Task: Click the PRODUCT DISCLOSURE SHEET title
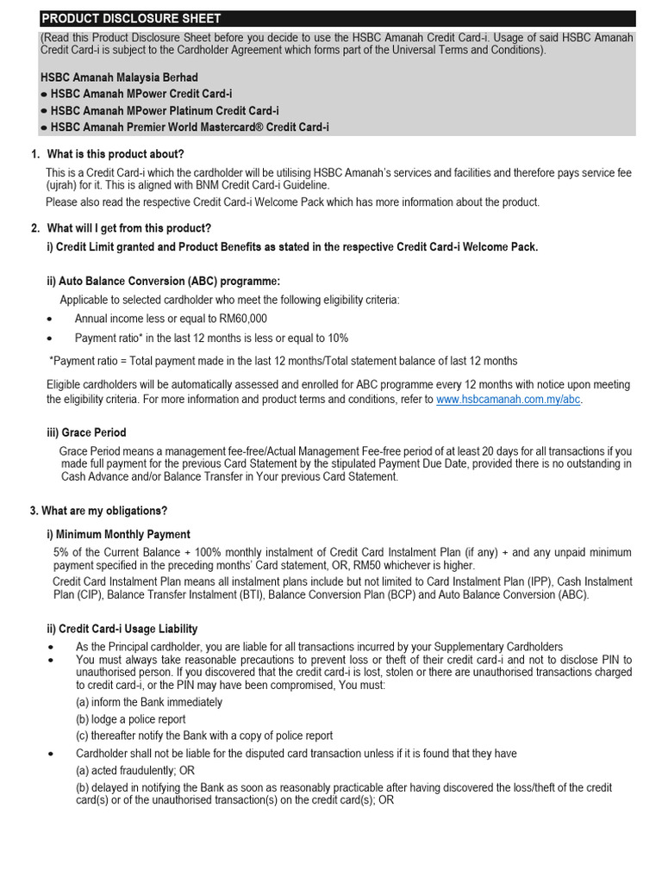click(131, 18)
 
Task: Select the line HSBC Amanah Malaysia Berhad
click(119, 78)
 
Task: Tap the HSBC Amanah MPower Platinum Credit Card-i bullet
click(164, 111)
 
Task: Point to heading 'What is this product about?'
click(116, 154)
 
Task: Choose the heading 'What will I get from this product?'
click(129, 228)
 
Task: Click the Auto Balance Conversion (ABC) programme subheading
click(163, 282)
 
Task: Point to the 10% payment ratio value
click(337, 339)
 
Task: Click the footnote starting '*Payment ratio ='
click(284, 361)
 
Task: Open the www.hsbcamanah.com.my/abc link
click(509, 401)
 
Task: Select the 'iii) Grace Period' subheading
click(86, 432)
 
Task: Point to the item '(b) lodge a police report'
click(130, 719)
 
